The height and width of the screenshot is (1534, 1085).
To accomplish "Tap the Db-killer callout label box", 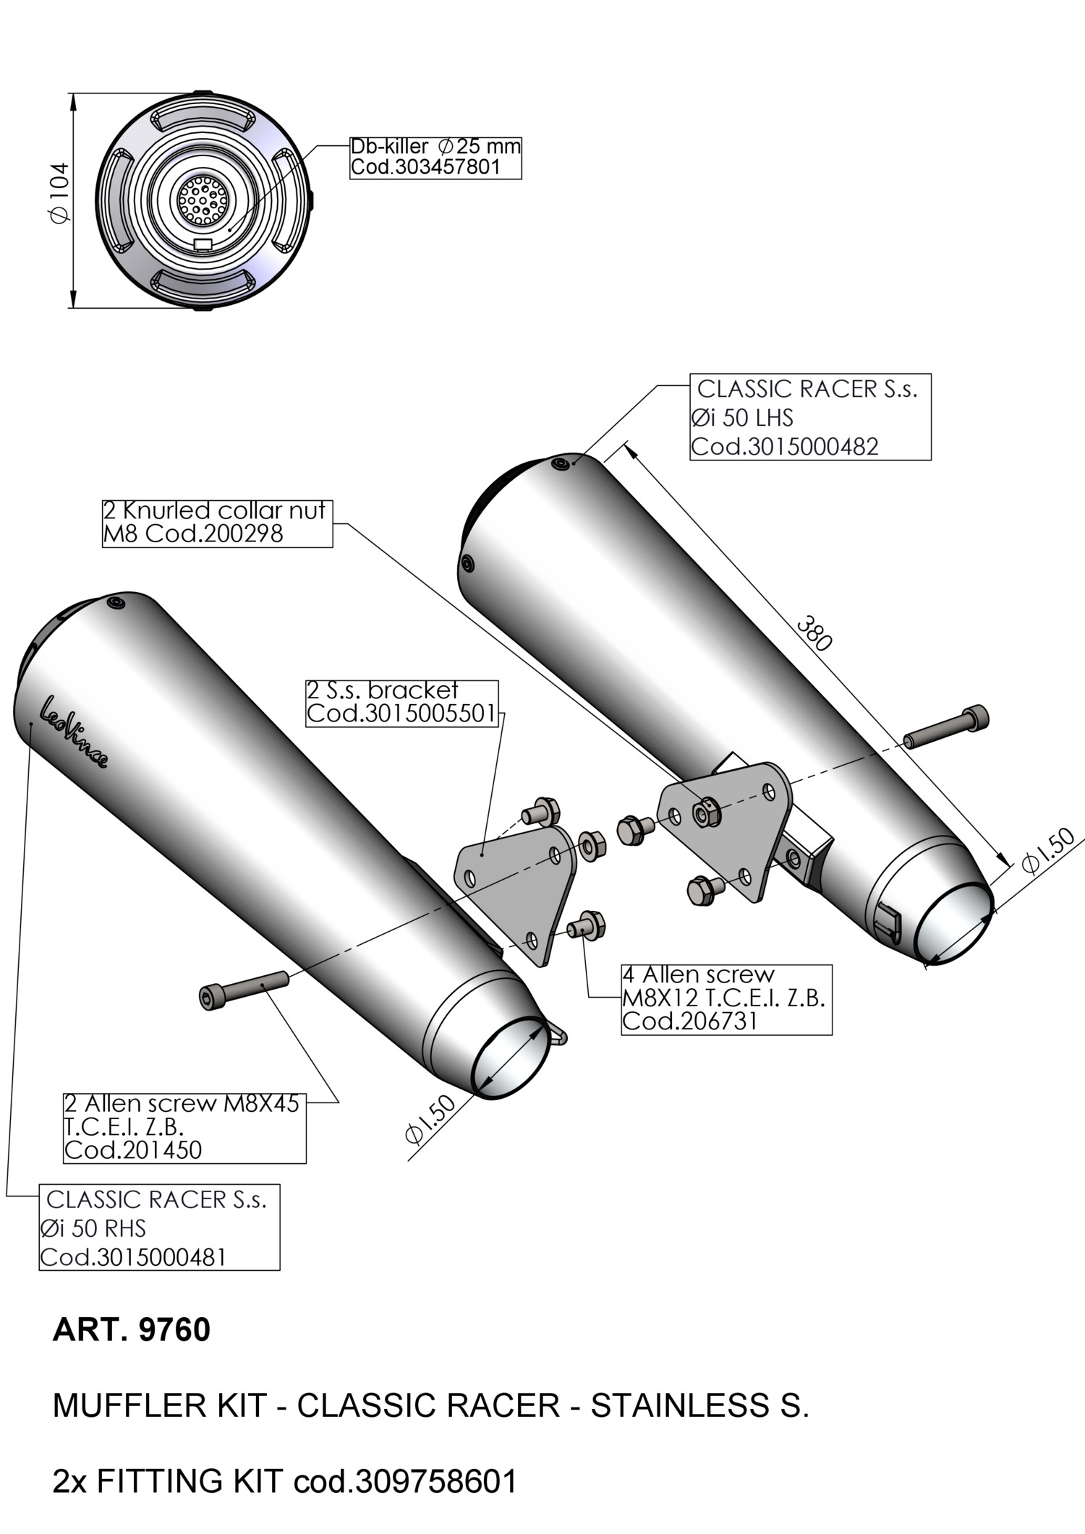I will click(435, 157).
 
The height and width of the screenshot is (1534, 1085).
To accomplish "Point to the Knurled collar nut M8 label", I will click(217, 522).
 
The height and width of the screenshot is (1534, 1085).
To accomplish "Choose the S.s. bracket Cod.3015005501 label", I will click(402, 702).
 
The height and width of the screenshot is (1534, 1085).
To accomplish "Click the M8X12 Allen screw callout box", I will click(726, 998).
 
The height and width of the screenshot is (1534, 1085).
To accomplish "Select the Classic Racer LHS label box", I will click(809, 417).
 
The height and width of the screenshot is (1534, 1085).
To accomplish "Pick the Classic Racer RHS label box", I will click(159, 1227).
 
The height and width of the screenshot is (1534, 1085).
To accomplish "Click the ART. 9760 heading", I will click(131, 1330).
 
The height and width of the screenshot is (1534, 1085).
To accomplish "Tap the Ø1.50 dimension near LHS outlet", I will click(1048, 854).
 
